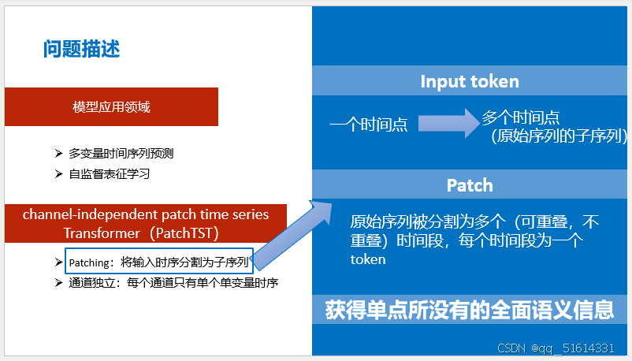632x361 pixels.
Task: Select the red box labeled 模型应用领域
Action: pos(111,107)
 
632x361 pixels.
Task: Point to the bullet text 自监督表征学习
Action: pos(115,173)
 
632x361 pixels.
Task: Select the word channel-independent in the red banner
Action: pos(77,214)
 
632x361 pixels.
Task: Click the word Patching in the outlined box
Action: pos(87,262)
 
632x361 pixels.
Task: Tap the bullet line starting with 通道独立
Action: pos(173,282)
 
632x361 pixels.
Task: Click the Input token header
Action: pos(470,82)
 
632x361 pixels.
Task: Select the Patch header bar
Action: pos(470,185)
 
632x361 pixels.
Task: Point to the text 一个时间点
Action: pos(368,124)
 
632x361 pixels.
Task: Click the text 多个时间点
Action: pos(521,117)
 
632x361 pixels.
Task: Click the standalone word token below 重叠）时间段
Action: pos(368,259)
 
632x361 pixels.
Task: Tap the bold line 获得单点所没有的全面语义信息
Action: pos(470,310)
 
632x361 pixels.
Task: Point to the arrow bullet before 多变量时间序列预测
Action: pos(59,153)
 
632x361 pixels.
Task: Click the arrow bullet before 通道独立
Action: pos(59,282)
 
